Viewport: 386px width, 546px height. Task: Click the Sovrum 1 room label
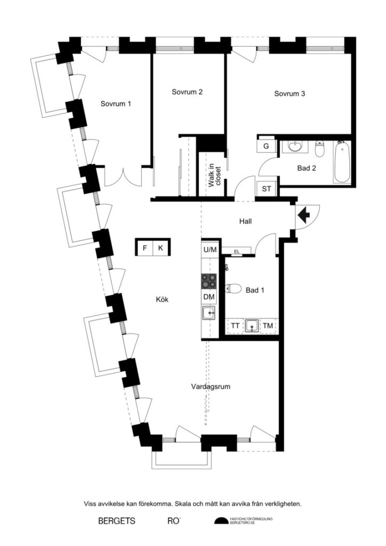116,104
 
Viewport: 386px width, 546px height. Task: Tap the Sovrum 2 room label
187,92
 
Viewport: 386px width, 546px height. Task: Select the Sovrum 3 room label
289,94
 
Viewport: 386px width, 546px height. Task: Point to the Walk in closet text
215,175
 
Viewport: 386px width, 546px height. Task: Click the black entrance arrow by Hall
303,215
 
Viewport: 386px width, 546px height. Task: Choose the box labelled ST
266,189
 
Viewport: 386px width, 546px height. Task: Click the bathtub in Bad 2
341,162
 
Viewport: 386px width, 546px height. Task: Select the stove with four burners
208,280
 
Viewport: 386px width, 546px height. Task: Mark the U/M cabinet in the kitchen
210,250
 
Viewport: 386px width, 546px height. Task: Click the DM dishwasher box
209,296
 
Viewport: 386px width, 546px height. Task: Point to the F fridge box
144,248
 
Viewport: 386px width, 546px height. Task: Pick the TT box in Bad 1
235,325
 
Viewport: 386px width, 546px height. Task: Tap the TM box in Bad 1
268,325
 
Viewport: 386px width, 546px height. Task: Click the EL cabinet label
236,252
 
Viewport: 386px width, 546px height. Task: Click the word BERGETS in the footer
117,520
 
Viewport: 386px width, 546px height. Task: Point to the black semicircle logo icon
220,521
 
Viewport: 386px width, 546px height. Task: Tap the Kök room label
163,300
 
